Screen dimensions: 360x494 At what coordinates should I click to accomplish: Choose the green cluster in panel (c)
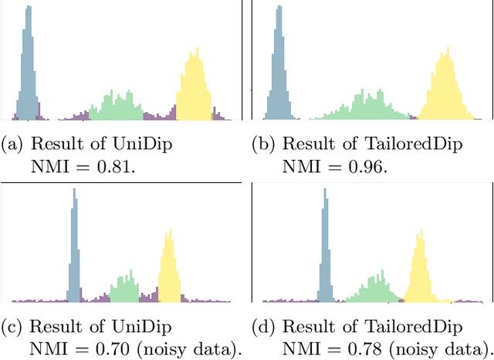pyautogui.click(x=123, y=288)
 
